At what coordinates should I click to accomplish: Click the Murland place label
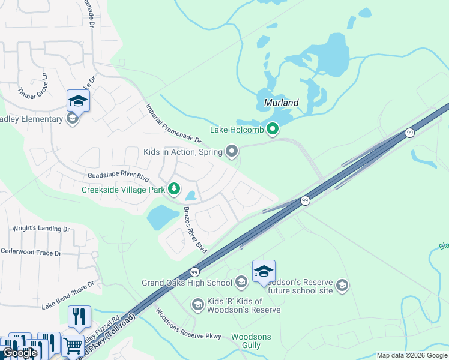coord(282,103)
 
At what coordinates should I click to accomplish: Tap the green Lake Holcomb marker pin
coord(273,128)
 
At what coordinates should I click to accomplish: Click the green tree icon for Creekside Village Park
coord(174,190)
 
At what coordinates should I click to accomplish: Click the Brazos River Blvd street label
coord(195,230)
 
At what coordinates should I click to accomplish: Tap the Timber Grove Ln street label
coord(32,86)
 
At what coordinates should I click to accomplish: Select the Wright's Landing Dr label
coord(41,229)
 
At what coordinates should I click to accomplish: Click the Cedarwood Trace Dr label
coord(31,253)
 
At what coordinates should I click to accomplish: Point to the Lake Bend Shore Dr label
coord(68,296)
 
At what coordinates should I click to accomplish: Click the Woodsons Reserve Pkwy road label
coord(188,324)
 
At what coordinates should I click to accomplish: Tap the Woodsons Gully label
coord(251,341)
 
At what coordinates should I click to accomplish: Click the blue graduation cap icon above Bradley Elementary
coord(78,100)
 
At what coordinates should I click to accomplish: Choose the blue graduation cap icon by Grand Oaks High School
coord(264,271)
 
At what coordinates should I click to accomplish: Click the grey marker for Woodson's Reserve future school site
coord(342,283)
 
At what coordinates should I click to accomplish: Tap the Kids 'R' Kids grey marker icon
coord(197,305)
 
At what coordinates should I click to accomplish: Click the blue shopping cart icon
coord(73,345)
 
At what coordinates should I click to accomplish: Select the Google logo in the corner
coord(20,353)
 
